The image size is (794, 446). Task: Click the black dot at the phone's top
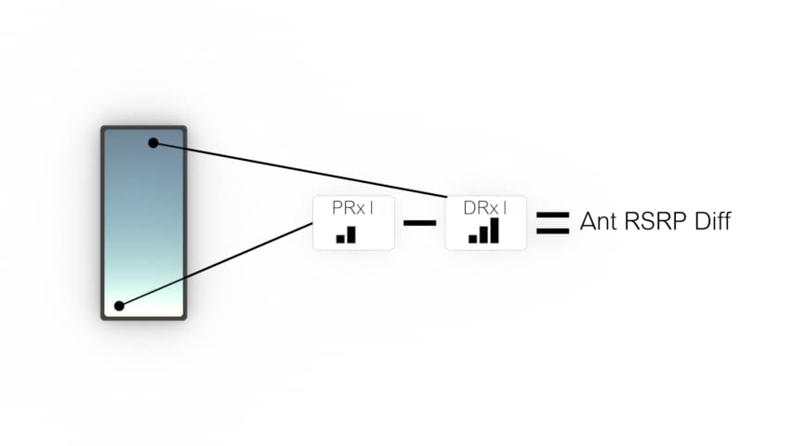point(153,143)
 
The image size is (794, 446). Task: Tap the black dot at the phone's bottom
point(119,306)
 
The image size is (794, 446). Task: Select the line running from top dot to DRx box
point(300,170)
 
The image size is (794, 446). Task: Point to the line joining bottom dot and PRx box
point(216,264)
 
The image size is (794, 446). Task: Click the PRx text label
point(353,208)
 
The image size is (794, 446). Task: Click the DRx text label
point(485,208)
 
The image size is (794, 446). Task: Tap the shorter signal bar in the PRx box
point(340,239)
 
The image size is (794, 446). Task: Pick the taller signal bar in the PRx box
point(351,235)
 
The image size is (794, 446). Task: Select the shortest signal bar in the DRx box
point(472,239)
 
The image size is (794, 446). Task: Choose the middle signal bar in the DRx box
point(483,235)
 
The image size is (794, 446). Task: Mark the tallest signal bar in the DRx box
point(495,230)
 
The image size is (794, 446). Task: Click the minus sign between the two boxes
point(420,223)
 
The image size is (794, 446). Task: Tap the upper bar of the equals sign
point(552,216)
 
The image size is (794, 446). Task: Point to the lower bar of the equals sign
point(552,230)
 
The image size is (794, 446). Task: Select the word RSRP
point(655,221)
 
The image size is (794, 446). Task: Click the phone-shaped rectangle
point(144,223)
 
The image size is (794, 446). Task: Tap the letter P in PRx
point(337,208)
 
